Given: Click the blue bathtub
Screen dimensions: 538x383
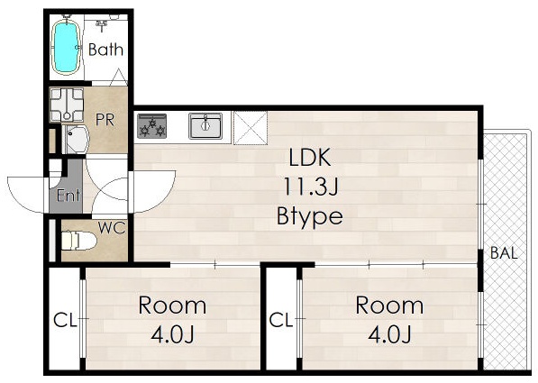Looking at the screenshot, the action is click(66, 48).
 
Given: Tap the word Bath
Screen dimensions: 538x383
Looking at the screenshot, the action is click(105, 50).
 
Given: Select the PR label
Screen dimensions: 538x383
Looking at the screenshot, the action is click(105, 120).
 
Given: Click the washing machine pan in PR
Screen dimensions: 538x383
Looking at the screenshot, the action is click(67, 105).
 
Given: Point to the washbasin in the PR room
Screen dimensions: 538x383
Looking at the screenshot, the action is click(78, 139).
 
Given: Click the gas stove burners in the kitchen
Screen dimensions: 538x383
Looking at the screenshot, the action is click(151, 126).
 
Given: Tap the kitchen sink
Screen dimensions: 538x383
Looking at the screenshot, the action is click(205, 126).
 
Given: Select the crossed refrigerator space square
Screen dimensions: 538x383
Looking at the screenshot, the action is click(251, 128).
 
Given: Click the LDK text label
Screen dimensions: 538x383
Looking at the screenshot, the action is click(310, 158).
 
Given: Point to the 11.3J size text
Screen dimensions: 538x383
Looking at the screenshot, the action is click(311, 187).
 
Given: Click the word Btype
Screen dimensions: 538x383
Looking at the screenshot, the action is click(310, 216).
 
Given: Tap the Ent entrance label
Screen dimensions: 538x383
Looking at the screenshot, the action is click(68, 196).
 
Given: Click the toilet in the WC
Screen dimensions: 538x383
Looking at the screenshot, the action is click(78, 241).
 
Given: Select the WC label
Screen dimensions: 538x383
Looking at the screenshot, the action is click(112, 228).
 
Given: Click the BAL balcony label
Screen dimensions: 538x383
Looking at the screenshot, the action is click(504, 253).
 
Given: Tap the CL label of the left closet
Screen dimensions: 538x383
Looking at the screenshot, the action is click(65, 321).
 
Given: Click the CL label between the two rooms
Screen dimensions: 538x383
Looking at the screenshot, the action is click(281, 321).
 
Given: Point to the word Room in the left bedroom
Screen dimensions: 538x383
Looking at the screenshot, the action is click(172, 305).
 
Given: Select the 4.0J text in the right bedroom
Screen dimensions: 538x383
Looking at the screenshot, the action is click(390, 334).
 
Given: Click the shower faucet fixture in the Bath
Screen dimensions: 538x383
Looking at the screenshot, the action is click(102, 24).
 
